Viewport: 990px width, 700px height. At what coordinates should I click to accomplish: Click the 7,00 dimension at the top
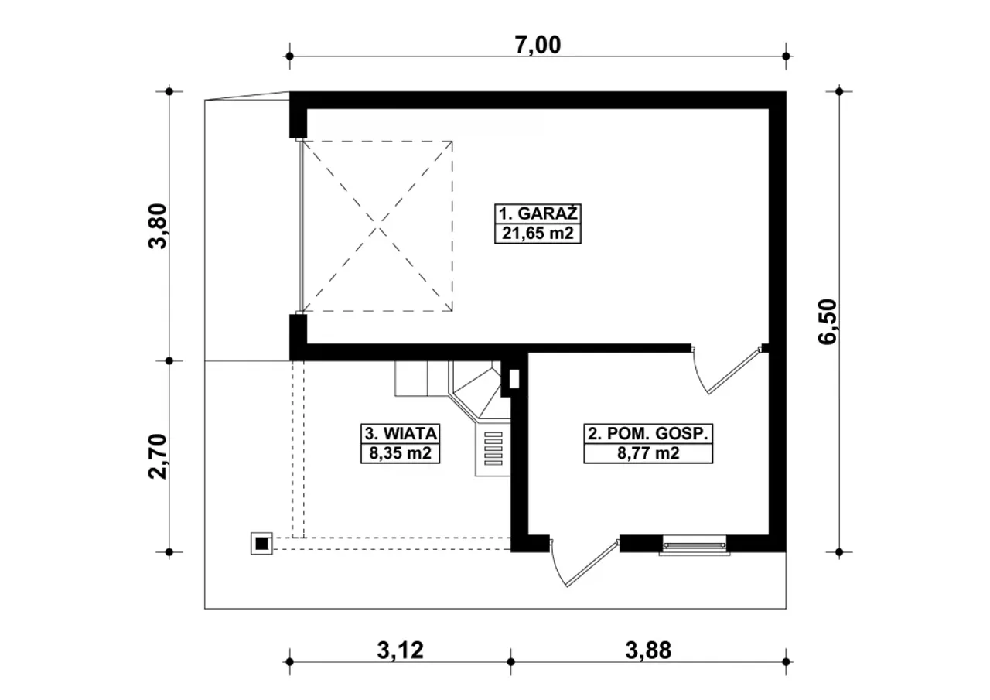tap(538, 45)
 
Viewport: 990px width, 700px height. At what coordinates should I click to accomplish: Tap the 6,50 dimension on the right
tap(827, 322)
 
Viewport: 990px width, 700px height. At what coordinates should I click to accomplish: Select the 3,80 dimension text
tap(157, 227)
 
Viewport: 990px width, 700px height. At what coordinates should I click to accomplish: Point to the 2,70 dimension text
tap(157, 456)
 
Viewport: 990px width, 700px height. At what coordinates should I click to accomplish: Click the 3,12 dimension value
tap(400, 650)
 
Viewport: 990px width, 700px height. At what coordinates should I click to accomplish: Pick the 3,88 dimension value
tap(648, 650)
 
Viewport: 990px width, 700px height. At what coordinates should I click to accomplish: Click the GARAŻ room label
tap(547, 213)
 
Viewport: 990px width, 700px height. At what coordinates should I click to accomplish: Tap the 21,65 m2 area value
tap(538, 234)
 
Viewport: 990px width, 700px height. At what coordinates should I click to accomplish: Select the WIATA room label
tap(411, 433)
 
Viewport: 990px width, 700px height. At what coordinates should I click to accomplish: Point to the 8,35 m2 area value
tap(401, 453)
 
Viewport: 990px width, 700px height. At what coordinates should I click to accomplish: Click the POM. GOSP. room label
tap(658, 433)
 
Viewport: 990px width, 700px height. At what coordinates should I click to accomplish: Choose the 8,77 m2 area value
tap(648, 453)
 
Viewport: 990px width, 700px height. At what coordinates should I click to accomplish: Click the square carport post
tap(261, 544)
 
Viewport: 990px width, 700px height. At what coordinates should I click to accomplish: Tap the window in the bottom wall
tap(695, 545)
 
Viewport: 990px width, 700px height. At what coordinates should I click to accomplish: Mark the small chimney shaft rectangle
tap(514, 379)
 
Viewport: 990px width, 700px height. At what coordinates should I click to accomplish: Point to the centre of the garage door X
tap(378, 227)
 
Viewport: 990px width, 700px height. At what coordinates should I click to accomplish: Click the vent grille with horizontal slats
tap(493, 449)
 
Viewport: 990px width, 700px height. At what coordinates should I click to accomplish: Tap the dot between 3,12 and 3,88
tap(511, 662)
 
